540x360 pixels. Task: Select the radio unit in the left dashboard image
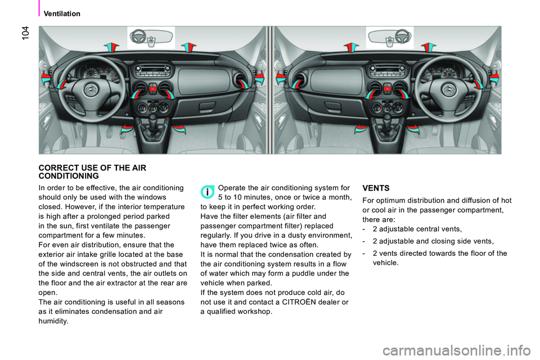coord(151,73)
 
